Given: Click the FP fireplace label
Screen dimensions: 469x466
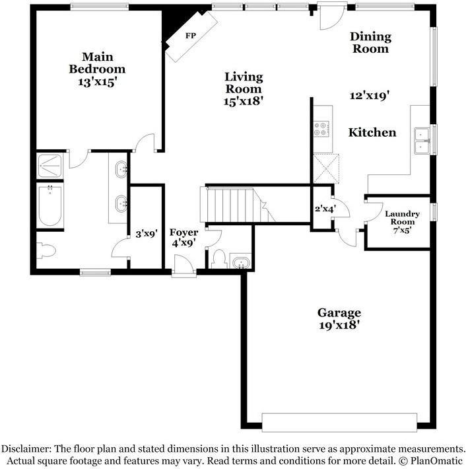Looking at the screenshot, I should point(191,34).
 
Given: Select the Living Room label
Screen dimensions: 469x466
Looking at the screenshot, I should point(244,83).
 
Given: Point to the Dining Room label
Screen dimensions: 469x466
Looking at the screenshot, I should point(370,42).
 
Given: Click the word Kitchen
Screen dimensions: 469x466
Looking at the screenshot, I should point(372,133).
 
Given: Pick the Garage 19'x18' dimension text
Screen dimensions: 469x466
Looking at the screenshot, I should point(339,325).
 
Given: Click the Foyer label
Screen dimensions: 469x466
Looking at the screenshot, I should point(183,233).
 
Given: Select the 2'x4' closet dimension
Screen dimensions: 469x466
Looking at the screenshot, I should point(325,209).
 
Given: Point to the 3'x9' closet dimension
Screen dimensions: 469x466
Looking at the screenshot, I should point(146,233).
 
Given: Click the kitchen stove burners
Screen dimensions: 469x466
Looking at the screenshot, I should point(321,128).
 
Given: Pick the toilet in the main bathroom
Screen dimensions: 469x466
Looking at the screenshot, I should point(46,251).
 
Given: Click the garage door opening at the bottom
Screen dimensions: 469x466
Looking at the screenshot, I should point(339,421).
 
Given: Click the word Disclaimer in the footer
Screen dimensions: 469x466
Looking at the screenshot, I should point(31,447).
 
